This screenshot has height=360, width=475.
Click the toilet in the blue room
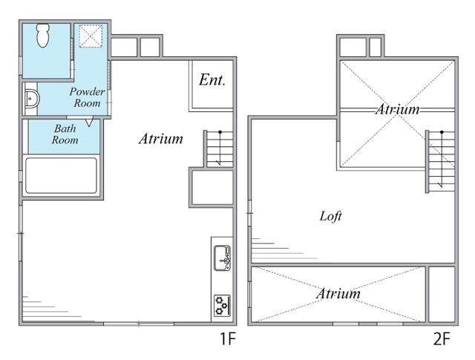(43, 36)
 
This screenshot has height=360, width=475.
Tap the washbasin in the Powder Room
(31, 98)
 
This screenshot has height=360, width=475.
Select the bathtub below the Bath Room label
(61, 175)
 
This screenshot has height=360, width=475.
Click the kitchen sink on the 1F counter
(223, 258)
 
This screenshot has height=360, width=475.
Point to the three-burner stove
(222, 306)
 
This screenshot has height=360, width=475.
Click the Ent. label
(212, 80)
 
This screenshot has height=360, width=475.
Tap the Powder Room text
(87, 97)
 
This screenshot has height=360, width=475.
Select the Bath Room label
(65, 134)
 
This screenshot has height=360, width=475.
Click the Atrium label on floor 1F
(161, 139)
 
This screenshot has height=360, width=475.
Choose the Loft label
(331, 216)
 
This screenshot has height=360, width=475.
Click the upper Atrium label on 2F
(398, 109)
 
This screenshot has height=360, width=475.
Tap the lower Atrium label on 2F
(338, 293)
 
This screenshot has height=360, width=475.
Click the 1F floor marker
(228, 338)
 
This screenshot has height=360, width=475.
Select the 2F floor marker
(442, 338)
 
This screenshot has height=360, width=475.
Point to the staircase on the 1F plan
(218, 148)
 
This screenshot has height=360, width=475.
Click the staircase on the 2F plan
(440, 161)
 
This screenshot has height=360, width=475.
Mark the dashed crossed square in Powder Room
(91, 36)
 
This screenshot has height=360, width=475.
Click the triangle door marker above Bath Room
(89, 122)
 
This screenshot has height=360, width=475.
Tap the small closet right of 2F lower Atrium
(442, 294)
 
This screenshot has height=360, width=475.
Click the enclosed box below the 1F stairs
(212, 188)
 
